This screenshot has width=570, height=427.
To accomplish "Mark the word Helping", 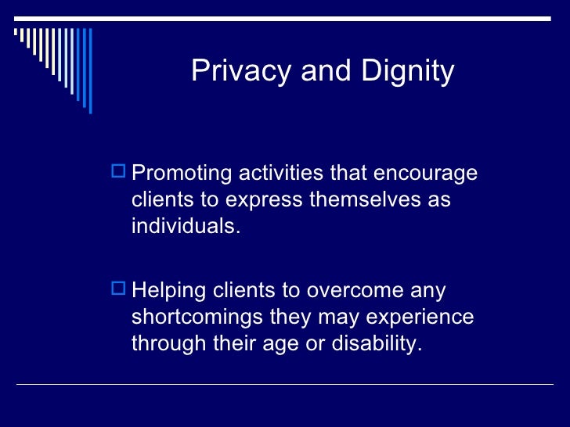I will pyautogui.click(x=167, y=291).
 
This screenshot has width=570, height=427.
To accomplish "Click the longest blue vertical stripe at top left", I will pyautogui.click(x=89, y=70).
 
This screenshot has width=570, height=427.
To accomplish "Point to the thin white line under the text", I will pyautogui.click(x=285, y=384).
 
